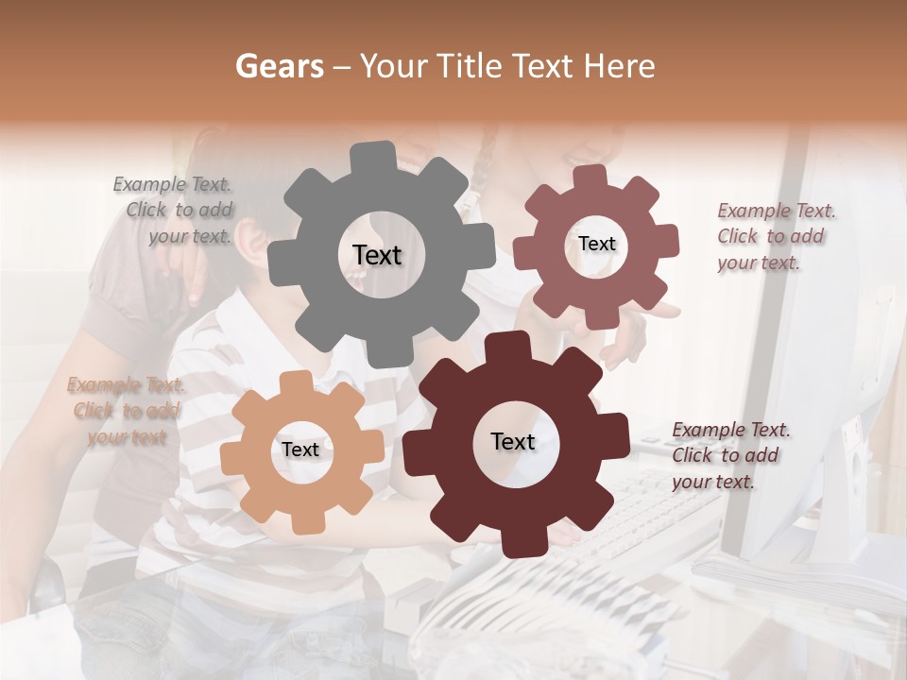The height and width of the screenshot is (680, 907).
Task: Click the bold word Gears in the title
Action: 279,66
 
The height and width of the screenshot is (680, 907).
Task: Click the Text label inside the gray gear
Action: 377,255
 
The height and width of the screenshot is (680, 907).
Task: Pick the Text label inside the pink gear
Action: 596,244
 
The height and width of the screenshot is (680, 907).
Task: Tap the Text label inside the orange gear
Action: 300,450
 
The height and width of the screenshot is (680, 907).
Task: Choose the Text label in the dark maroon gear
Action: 513,441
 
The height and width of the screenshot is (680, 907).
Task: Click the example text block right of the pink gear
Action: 775,236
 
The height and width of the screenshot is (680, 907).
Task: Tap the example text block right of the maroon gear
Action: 729,455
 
